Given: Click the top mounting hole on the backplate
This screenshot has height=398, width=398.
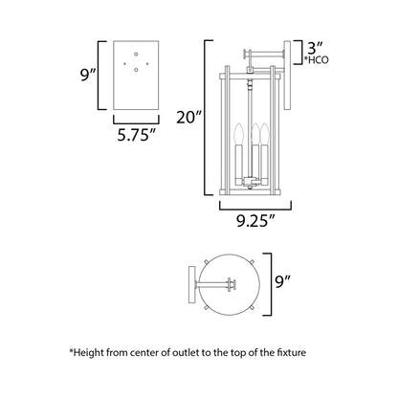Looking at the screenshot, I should pos(136,53).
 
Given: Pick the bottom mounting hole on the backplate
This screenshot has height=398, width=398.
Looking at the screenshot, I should pos(136,69).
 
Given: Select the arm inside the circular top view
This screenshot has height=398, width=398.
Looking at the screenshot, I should pos(215,283).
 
